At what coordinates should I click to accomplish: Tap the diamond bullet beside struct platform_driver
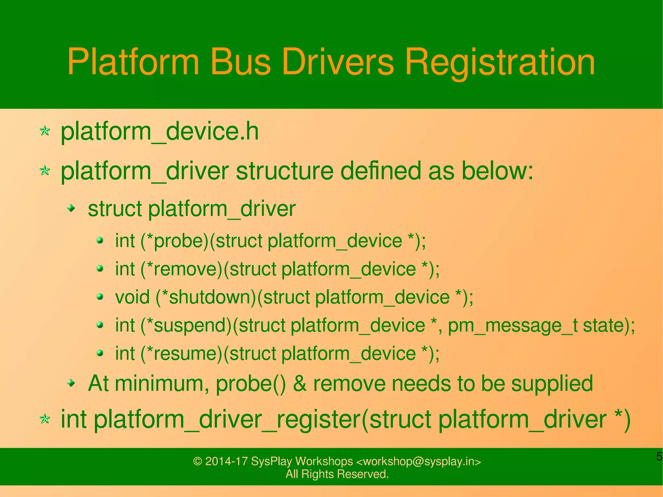71,208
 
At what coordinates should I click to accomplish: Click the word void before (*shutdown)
132,297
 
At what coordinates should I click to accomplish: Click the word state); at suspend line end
609,325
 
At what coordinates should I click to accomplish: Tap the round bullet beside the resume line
100,353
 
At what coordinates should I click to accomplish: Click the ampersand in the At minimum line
300,383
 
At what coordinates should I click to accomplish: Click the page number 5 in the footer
659,457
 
